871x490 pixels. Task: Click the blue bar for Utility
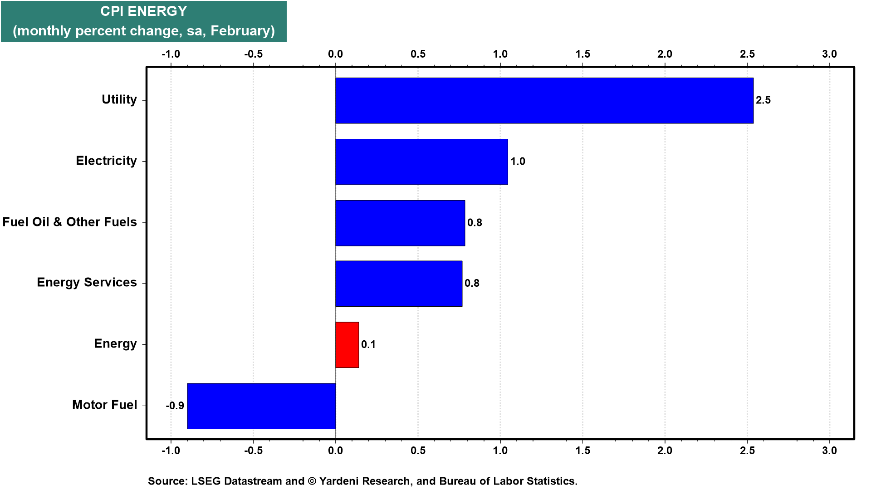tap(544, 100)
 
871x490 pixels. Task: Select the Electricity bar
tap(421, 162)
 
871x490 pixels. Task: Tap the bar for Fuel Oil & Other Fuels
tap(400, 223)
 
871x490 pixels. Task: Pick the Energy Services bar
tap(399, 284)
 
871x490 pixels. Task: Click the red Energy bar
tap(347, 345)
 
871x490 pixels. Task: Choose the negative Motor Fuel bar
tap(261, 406)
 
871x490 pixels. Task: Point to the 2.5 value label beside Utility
tap(763, 100)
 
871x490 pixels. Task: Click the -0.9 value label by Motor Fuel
tap(175, 406)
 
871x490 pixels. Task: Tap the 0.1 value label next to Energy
tap(368, 345)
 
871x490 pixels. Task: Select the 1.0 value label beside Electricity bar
tap(518, 162)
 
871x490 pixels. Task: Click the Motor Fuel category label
tap(104, 405)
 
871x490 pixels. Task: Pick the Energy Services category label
tap(87, 283)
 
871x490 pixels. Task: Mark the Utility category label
tap(119, 100)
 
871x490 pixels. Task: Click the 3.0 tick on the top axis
tap(830, 54)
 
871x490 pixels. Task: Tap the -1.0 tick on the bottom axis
tap(171, 451)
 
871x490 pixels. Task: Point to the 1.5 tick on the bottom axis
tap(583, 451)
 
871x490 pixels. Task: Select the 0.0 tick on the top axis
tap(336, 54)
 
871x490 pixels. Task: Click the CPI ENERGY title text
tap(144, 11)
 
